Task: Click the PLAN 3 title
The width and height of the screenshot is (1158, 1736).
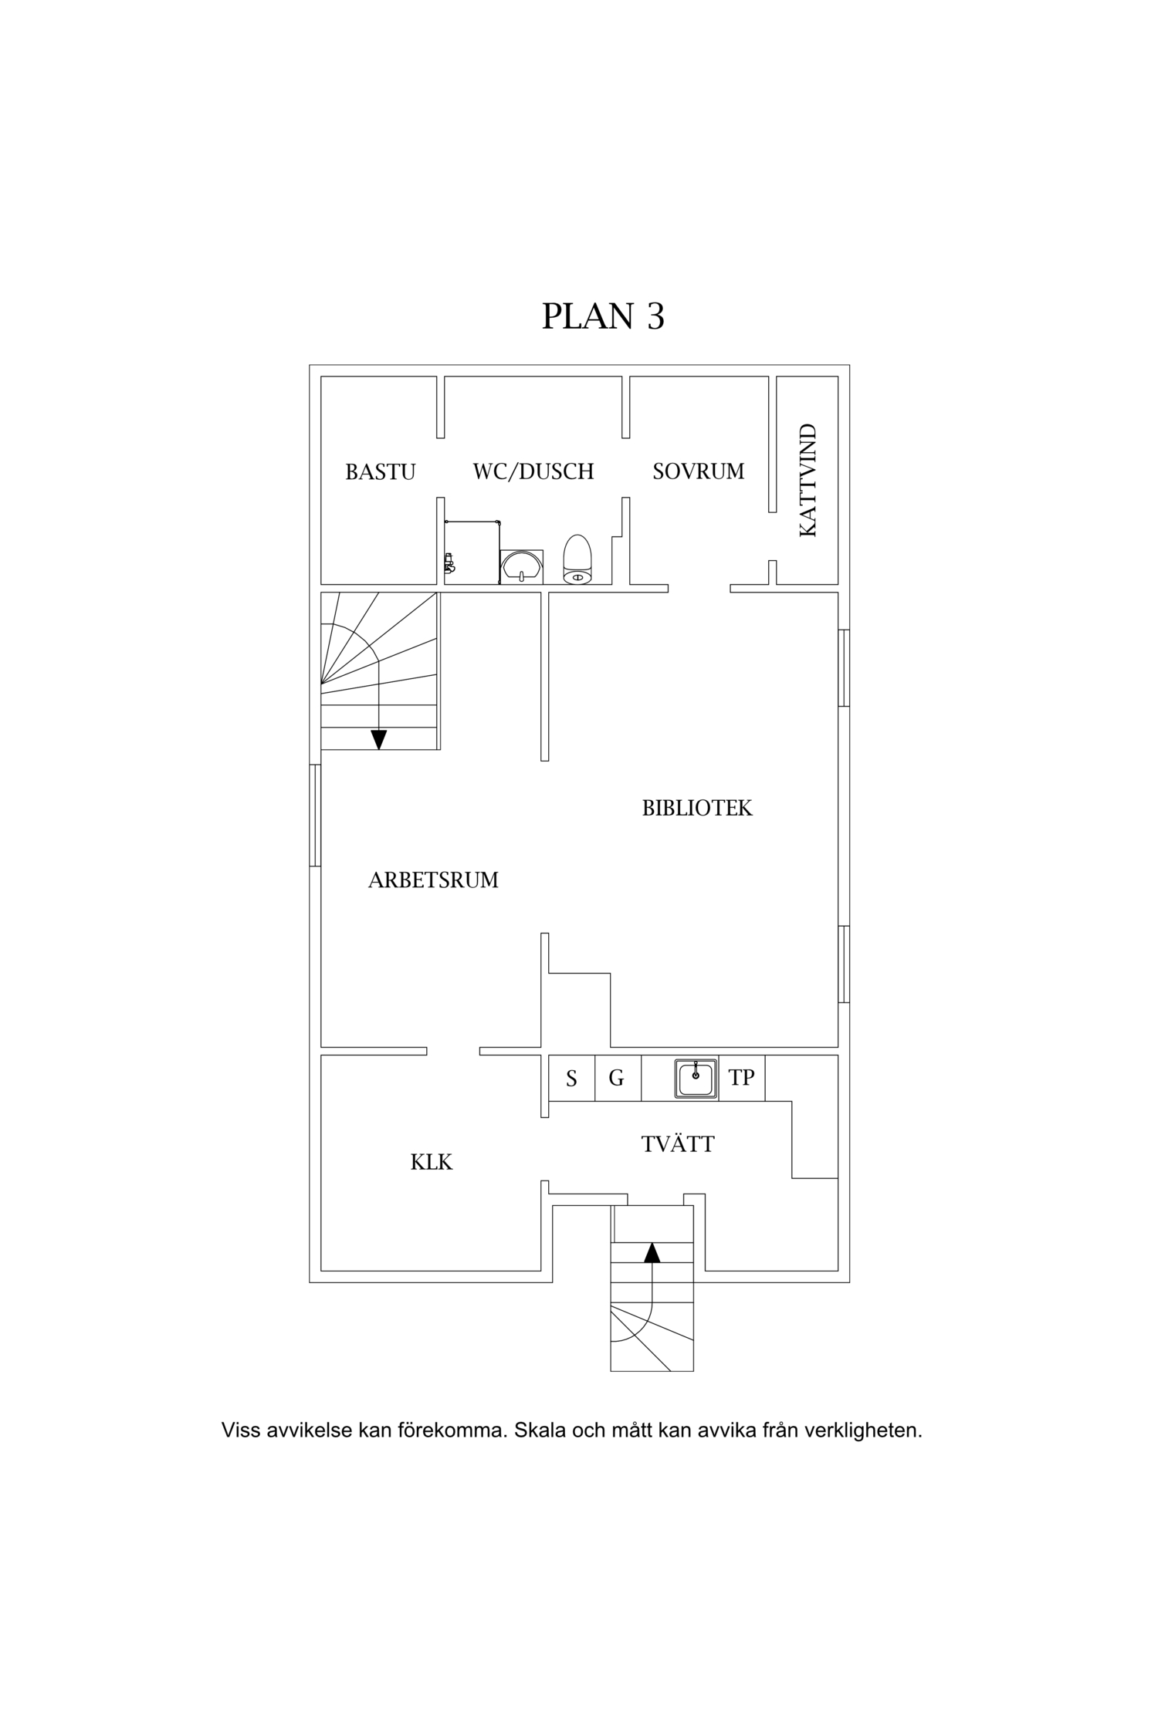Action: (603, 316)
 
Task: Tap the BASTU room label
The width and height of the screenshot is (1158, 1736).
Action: (380, 471)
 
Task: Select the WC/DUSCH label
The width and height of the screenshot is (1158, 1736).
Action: (533, 471)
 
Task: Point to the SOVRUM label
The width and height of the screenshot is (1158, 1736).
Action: (698, 471)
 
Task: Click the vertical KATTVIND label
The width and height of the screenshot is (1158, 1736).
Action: (808, 480)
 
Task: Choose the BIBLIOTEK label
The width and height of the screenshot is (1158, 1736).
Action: (696, 808)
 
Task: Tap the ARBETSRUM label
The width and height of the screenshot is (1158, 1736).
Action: (433, 880)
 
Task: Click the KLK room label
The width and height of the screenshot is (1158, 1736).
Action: (431, 1162)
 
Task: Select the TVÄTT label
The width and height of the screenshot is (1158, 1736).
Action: (678, 1144)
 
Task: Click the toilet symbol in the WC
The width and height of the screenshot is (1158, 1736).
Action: (577, 560)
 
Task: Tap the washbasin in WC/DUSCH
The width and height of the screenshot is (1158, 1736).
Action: (522, 566)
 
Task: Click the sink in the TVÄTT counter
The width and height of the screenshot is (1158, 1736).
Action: (696, 1078)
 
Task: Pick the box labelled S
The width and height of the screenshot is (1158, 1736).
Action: (571, 1078)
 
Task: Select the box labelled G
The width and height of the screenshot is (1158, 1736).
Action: (617, 1078)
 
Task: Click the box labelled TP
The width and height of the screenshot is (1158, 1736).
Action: (741, 1078)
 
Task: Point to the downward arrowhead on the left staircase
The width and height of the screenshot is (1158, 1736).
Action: (378, 740)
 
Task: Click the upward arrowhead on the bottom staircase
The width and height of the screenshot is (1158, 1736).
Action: (652, 1252)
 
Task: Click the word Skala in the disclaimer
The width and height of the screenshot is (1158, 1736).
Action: (538, 1430)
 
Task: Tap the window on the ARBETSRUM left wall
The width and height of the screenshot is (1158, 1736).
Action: (315, 815)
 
